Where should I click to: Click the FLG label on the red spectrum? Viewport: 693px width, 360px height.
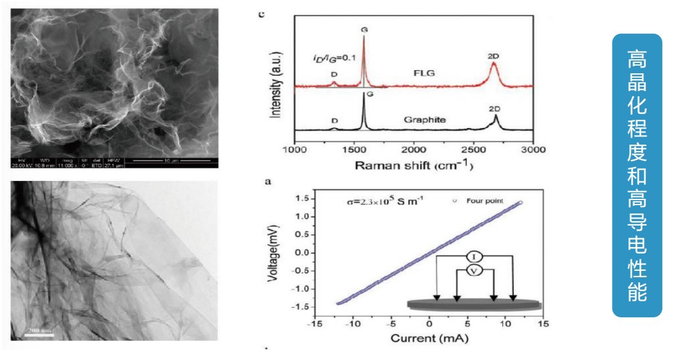(x=422, y=73)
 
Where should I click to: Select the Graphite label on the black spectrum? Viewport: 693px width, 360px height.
(x=424, y=119)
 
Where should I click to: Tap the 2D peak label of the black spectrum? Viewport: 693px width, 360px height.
(x=495, y=109)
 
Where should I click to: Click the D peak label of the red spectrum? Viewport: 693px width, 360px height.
(x=333, y=74)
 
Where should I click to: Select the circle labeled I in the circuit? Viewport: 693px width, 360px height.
(x=474, y=256)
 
